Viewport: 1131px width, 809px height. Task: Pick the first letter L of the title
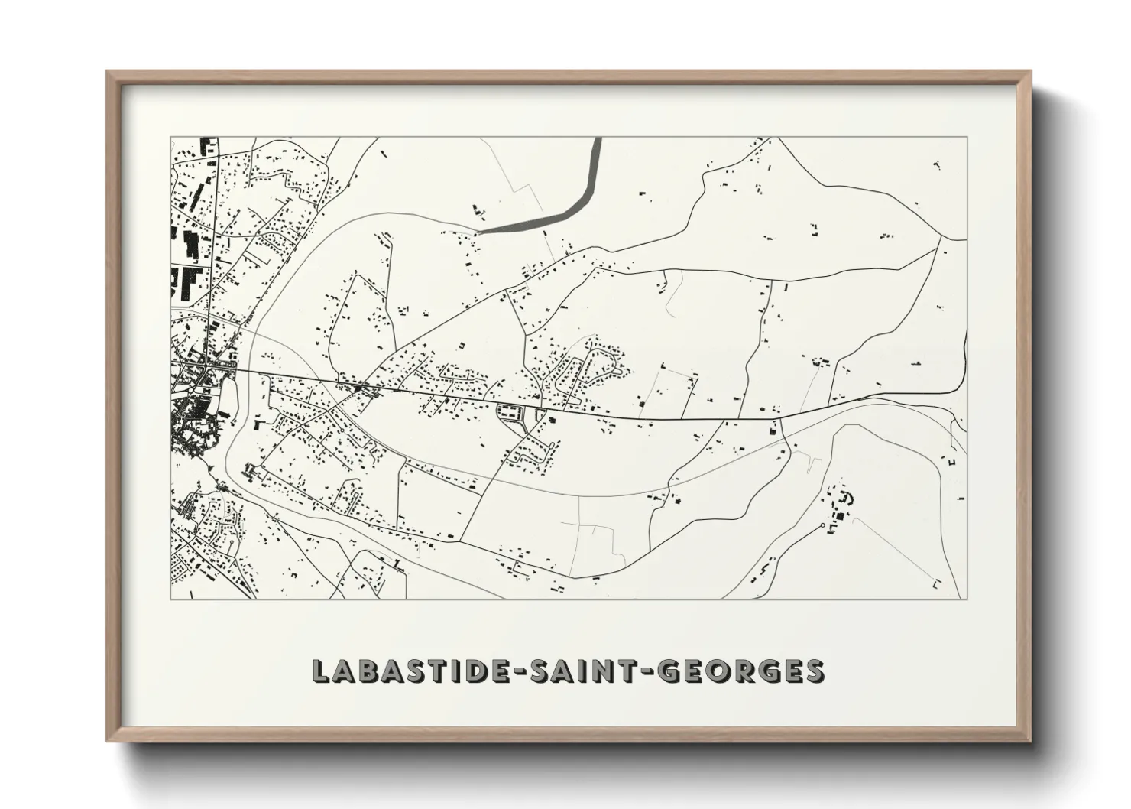point(320,671)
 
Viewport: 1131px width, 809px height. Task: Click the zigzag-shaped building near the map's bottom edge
point(767,567)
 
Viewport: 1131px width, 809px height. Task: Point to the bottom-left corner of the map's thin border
point(170,599)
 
